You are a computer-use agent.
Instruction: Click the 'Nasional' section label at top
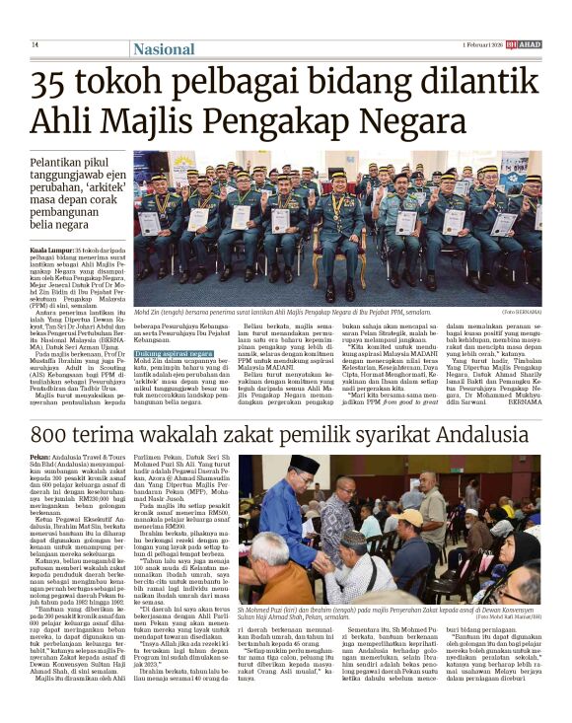click(163, 48)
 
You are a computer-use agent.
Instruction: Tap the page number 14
click(35, 45)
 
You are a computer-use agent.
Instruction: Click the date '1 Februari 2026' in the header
click(483, 45)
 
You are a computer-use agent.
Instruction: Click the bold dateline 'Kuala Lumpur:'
click(49, 251)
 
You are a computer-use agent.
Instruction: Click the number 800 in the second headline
click(55, 434)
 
